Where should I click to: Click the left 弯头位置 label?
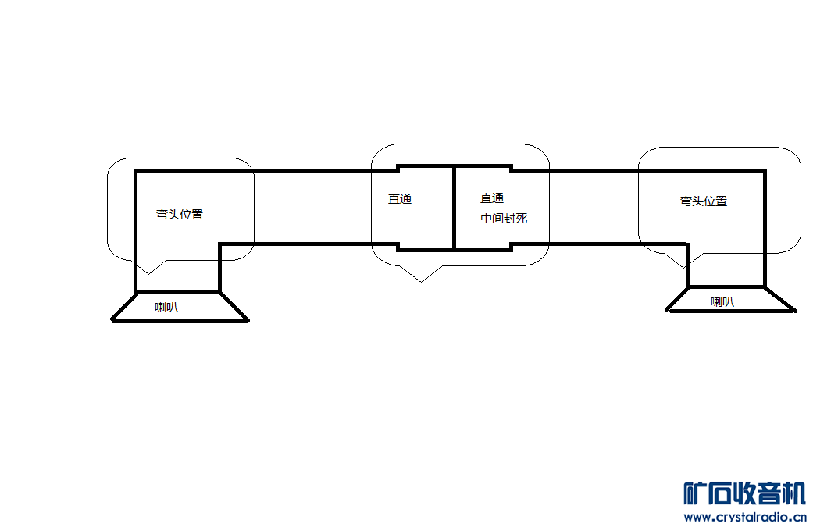coord(180,214)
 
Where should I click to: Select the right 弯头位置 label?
coord(704,201)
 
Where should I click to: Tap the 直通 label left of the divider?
coord(400,198)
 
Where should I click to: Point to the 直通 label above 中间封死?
coord(492,198)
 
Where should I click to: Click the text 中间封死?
coord(504,219)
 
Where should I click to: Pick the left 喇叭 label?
coord(166,307)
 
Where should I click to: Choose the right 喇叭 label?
coord(722,301)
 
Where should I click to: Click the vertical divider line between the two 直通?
coord(454,208)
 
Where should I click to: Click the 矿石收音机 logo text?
coord(744,493)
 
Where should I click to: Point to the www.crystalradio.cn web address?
coord(744,517)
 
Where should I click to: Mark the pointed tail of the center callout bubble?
coord(421,280)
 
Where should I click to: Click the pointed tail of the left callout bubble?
coord(148,272)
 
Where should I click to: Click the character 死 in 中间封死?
coord(522,219)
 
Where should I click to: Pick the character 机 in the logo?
coord(793,493)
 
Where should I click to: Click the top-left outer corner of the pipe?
coord(136,171)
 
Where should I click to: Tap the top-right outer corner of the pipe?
coord(765,171)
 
